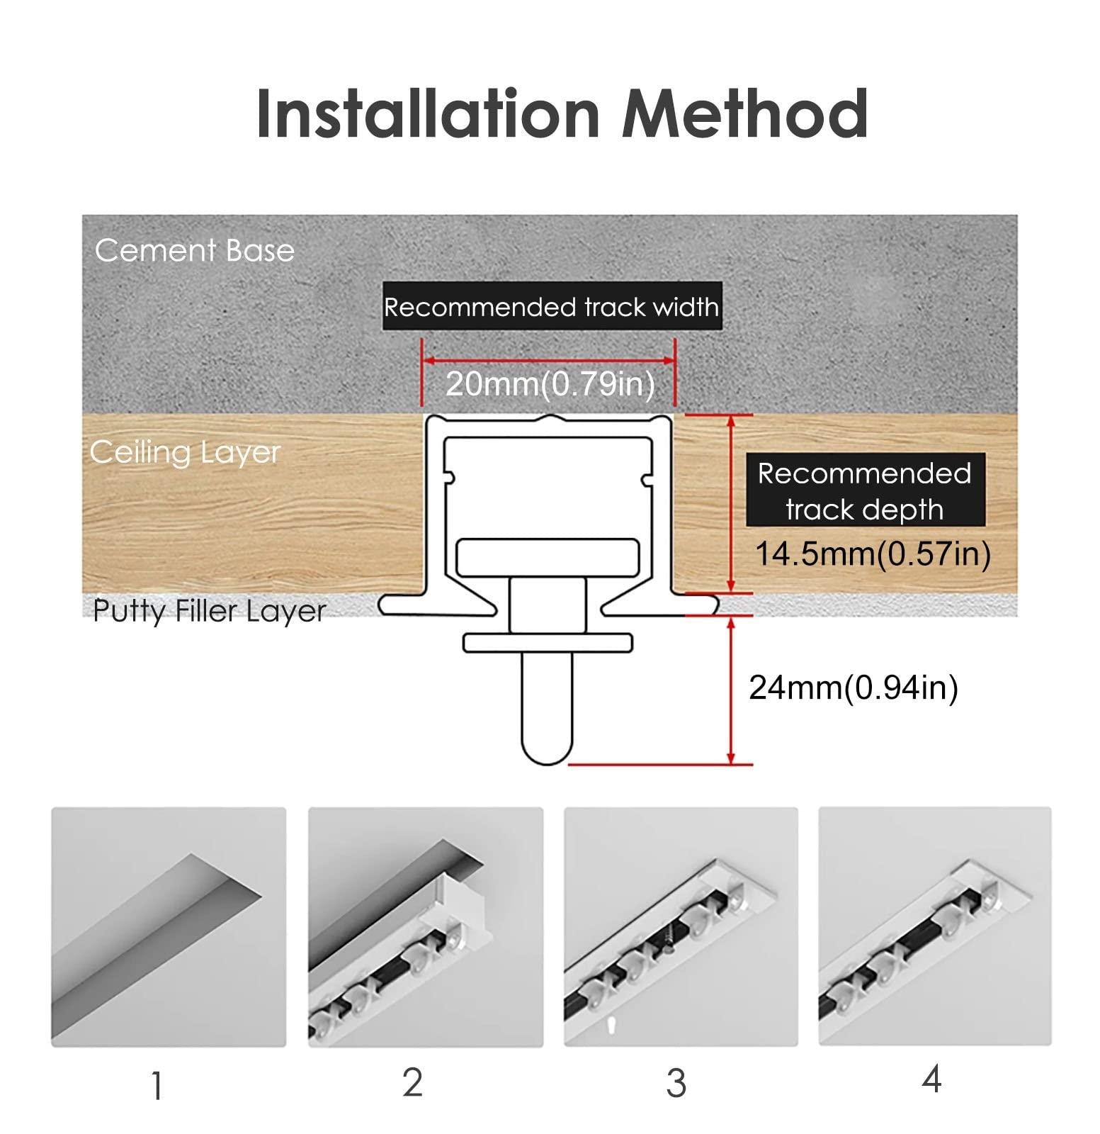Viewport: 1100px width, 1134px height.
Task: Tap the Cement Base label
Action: [194, 251]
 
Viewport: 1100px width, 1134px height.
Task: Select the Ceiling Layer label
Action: [185, 452]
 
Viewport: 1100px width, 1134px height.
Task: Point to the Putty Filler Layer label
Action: [209, 610]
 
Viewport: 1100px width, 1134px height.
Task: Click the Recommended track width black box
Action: [551, 307]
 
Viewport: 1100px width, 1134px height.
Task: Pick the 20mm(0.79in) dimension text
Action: [550, 383]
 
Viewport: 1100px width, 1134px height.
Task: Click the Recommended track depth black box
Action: [864, 490]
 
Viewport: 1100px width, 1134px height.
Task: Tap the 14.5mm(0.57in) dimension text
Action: [873, 554]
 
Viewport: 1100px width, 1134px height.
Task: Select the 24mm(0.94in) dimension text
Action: [853, 687]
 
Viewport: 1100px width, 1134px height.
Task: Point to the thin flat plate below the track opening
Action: [548, 642]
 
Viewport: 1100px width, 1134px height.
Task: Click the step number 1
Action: [157, 1086]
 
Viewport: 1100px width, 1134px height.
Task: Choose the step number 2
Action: [412, 1082]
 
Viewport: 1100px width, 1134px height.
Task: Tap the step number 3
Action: [676, 1084]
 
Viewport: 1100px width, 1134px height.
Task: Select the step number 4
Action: [931, 1079]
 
